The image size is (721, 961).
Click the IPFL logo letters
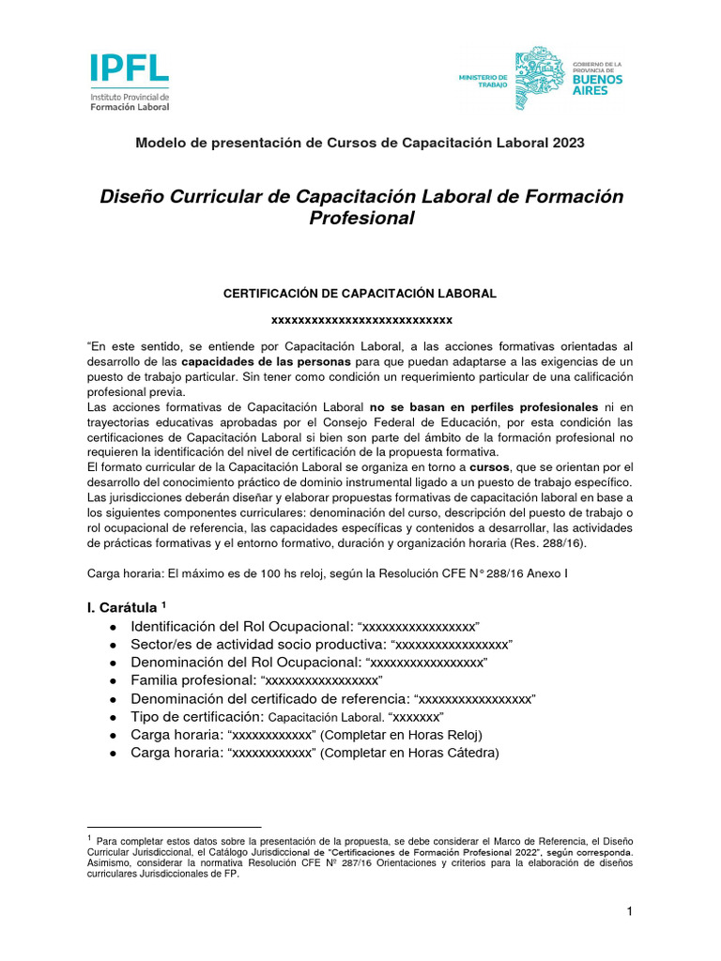click(x=130, y=68)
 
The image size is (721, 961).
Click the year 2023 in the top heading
click(x=566, y=143)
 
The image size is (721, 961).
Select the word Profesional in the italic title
click(x=361, y=219)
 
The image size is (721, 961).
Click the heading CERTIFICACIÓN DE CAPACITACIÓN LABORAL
click(x=360, y=294)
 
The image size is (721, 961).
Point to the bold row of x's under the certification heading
click(x=361, y=321)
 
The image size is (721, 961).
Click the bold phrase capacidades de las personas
click(x=266, y=361)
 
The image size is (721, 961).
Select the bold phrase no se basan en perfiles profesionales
click(x=483, y=407)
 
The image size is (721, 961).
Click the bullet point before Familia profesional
click(x=114, y=679)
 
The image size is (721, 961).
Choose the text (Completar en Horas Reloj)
click(x=403, y=734)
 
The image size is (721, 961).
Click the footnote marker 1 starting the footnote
click(x=89, y=836)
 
